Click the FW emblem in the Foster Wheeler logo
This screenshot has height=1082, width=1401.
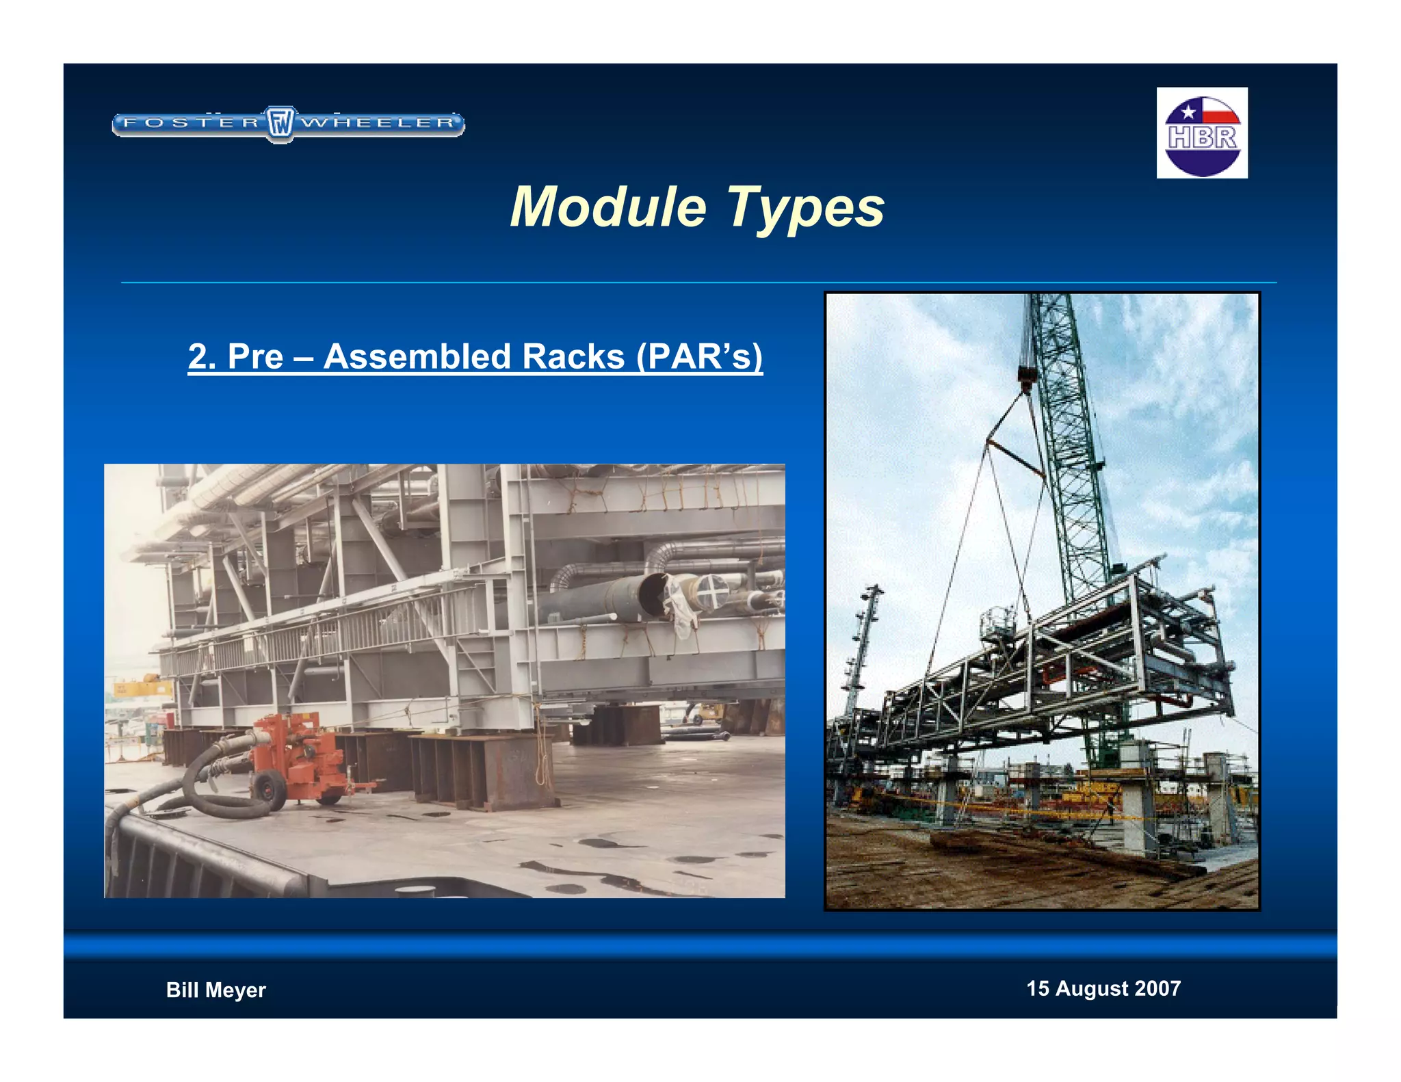[280, 124]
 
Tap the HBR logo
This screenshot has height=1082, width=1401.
[1202, 133]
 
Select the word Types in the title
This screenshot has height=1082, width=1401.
[805, 208]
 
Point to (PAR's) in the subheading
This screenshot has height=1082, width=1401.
[699, 356]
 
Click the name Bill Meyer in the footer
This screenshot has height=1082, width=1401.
[215, 990]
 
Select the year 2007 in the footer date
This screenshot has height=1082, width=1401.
[1157, 988]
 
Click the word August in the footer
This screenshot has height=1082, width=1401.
[1092, 988]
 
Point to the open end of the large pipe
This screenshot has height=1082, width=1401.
[654, 593]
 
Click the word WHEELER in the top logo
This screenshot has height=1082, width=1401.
[378, 123]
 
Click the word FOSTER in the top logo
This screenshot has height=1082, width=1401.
[191, 123]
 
